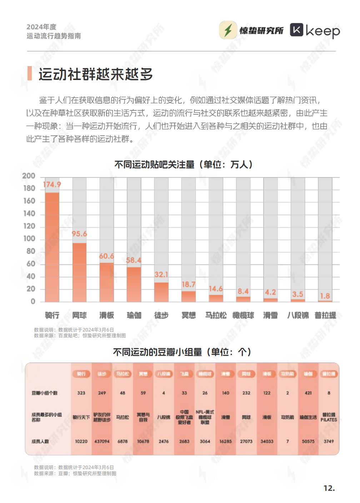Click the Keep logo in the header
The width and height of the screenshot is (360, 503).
pyautogui.click(x=315, y=31)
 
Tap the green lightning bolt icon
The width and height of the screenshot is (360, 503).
pyautogui.click(x=228, y=30)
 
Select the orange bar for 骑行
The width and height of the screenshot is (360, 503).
pyautogui.click(x=52, y=247)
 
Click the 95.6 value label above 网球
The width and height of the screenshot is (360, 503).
pyautogui.click(x=79, y=234)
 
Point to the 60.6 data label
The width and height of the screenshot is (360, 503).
pyautogui.click(x=106, y=256)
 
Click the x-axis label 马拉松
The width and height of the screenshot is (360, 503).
pyautogui.click(x=216, y=315)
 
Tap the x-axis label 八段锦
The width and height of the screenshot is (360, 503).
pyautogui.click(x=298, y=315)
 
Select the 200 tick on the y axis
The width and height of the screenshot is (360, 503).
pyautogui.click(x=29, y=176)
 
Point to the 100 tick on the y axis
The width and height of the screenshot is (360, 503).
pyautogui.click(x=29, y=239)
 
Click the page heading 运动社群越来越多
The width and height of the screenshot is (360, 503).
pyautogui.click(x=96, y=74)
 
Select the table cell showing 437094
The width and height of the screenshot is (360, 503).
pyautogui.click(x=102, y=441)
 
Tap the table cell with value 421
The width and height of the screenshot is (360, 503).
pyautogui.click(x=308, y=393)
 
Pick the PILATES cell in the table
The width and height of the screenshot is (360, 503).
pyautogui.click(x=329, y=417)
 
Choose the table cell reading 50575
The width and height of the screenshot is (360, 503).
pyautogui.click(x=308, y=441)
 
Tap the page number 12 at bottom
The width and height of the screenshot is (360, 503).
pyautogui.click(x=329, y=488)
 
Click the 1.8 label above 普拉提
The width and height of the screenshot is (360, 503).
pyautogui.click(x=325, y=296)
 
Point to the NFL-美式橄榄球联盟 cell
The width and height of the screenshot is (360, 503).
pyautogui.click(x=205, y=417)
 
